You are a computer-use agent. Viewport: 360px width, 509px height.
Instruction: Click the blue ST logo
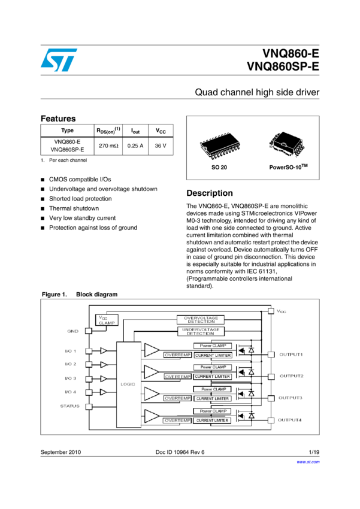59,60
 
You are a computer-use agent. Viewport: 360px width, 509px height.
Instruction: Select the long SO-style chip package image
220,146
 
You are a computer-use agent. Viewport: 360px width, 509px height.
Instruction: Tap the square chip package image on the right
286,144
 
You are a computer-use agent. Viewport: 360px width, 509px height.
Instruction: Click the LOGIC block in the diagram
128,384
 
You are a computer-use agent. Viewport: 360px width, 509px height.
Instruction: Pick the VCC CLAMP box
107,320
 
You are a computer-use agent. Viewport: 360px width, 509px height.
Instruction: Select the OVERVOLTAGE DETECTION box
200,320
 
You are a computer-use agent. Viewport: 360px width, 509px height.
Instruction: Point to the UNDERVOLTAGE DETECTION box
200,331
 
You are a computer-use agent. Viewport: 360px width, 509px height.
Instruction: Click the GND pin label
72,331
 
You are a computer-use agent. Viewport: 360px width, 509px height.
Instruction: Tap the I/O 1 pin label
71,350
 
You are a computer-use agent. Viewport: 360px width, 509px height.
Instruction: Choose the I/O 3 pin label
71,378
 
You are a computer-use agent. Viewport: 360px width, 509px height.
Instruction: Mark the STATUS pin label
69,406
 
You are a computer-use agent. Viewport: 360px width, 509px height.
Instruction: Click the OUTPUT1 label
291,355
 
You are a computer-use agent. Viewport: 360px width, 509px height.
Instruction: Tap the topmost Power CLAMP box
212,346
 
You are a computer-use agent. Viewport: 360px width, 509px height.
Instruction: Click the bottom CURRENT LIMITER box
212,420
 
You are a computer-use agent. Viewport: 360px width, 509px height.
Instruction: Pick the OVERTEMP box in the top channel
177,355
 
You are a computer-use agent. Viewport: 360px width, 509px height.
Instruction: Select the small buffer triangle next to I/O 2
104,364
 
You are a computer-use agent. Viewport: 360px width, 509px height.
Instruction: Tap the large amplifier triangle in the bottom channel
152,416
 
